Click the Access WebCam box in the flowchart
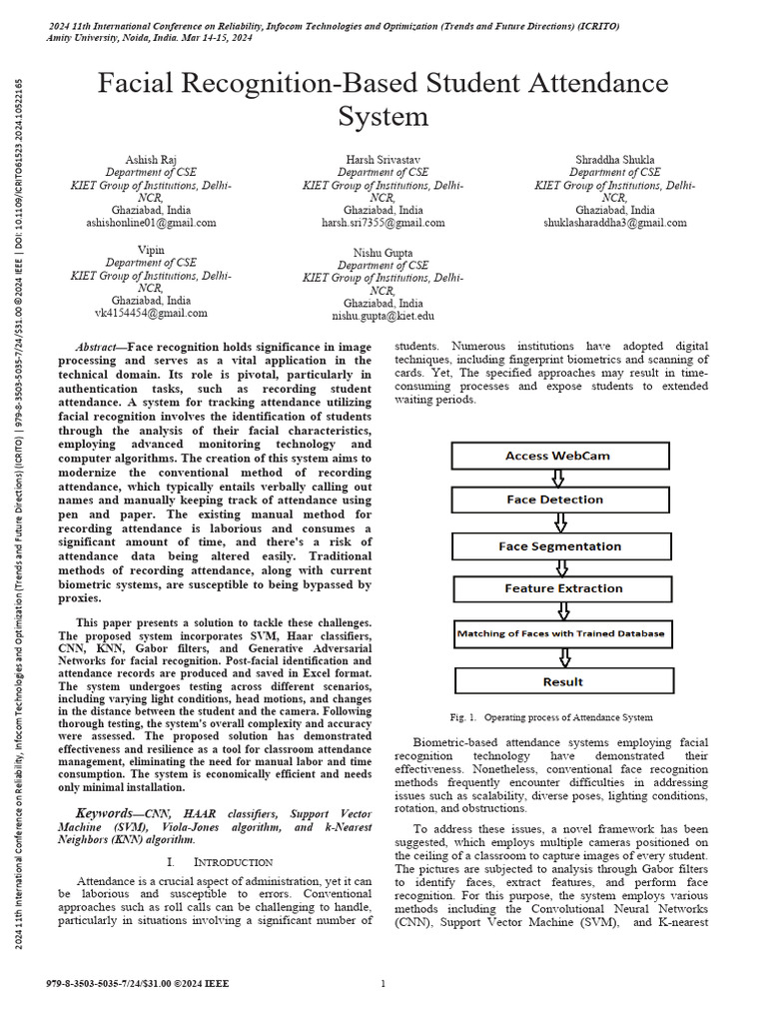point(557,456)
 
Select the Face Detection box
point(555,500)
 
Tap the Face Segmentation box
point(560,546)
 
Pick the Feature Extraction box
point(563,589)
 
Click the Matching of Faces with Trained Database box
point(560,633)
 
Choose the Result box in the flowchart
point(563,681)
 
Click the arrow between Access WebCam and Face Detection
point(558,478)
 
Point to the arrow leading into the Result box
point(565,657)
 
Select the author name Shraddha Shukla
point(614,160)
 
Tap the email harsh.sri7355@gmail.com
point(383,224)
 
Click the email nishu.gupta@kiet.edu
point(383,316)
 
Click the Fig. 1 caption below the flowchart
point(551,717)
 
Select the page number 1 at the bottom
point(383,984)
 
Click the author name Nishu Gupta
point(383,253)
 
